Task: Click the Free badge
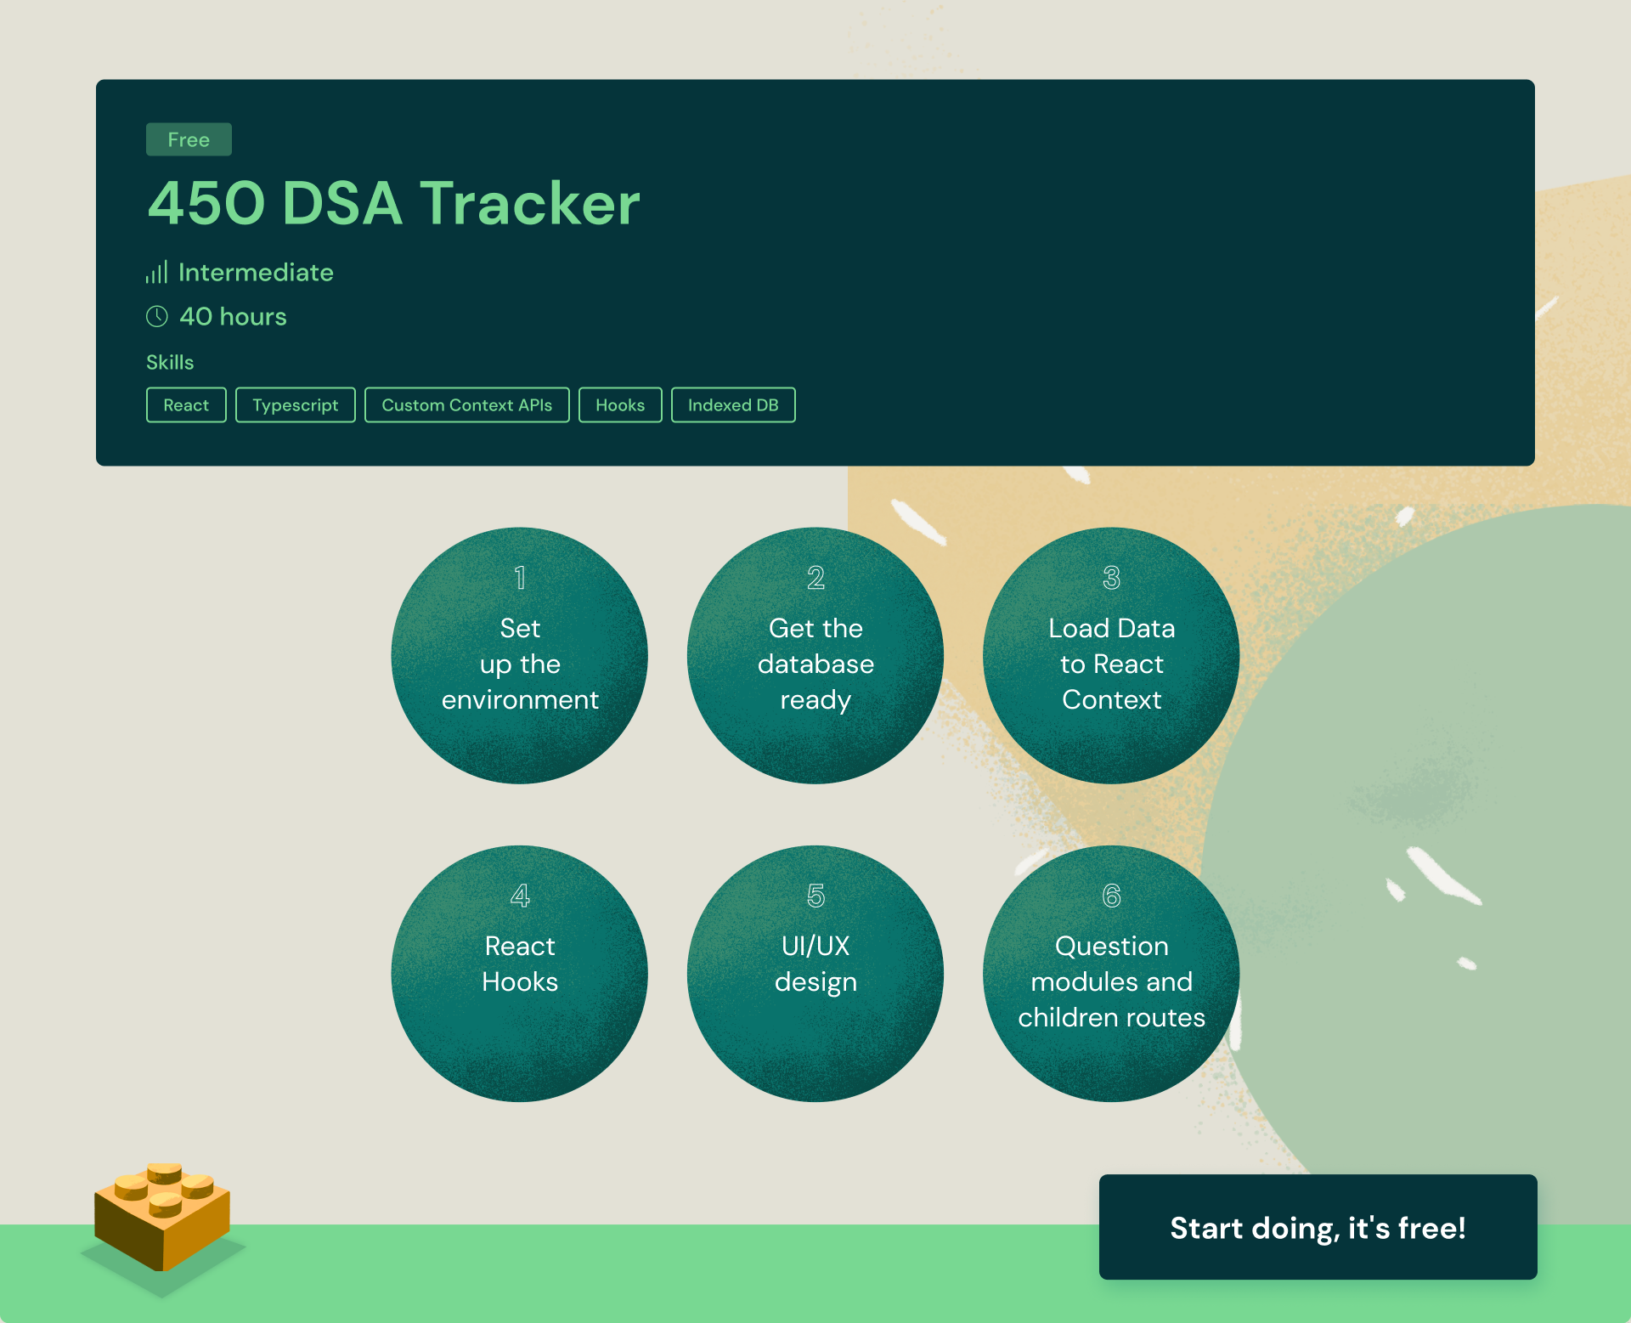pyautogui.click(x=189, y=139)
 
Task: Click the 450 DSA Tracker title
pyautogui.click(x=394, y=203)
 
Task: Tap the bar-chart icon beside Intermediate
pyautogui.click(x=156, y=272)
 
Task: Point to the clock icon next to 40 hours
pyautogui.click(x=157, y=316)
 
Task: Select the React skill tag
pyautogui.click(x=186, y=405)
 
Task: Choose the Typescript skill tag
pyautogui.click(x=296, y=405)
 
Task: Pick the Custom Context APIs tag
pyautogui.click(x=467, y=405)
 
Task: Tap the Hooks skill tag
pyautogui.click(x=620, y=405)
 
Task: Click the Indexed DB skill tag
pyautogui.click(x=733, y=405)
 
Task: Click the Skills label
pyautogui.click(x=170, y=362)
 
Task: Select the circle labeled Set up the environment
pyautogui.click(x=520, y=656)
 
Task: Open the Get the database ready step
pyautogui.click(x=815, y=656)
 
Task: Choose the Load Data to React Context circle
pyautogui.click(x=1111, y=656)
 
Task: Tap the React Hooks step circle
pyautogui.click(x=520, y=974)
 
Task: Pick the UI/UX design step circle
pyautogui.click(x=815, y=974)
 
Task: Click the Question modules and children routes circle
pyautogui.click(x=1111, y=974)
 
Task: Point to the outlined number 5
pyautogui.click(x=815, y=896)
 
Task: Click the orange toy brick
pyautogui.click(x=162, y=1216)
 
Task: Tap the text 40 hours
pyautogui.click(x=233, y=316)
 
